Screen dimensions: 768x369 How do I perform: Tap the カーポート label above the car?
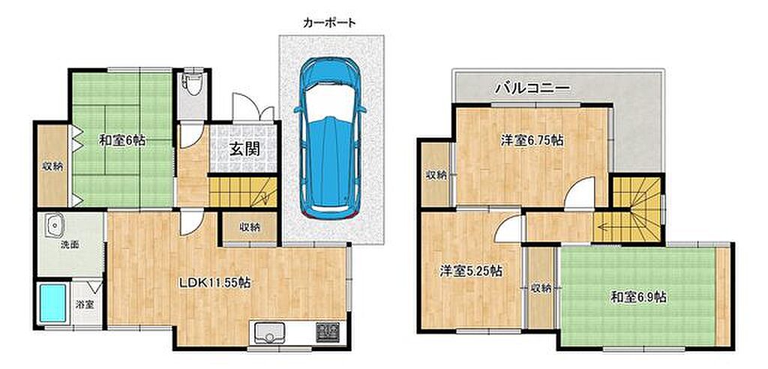[330, 22]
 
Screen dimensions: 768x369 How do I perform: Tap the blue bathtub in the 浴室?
[52, 304]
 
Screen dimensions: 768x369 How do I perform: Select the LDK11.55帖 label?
[214, 283]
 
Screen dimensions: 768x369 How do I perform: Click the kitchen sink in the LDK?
[269, 334]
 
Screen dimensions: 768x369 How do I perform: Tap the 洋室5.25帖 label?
[470, 271]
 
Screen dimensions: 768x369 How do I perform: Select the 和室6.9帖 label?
[640, 297]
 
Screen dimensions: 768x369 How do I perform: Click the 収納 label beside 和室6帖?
[52, 166]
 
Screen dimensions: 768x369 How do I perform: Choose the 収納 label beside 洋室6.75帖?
[436, 175]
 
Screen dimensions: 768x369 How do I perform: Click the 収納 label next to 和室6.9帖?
[541, 289]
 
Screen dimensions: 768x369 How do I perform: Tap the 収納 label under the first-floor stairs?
[250, 227]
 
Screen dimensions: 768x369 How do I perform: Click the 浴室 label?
[85, 304]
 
